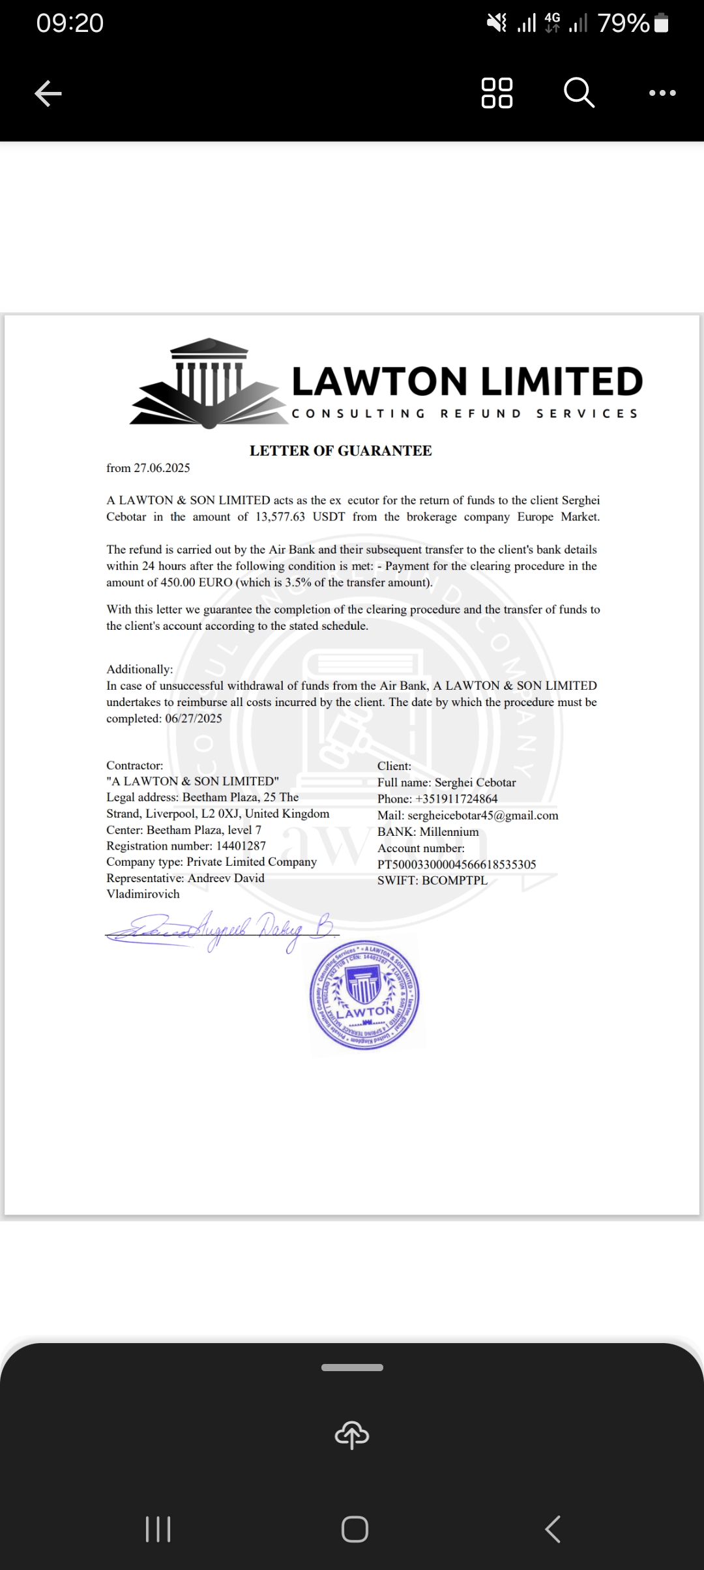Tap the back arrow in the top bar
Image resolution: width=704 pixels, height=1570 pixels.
pyautogui.click(x=48, y=93)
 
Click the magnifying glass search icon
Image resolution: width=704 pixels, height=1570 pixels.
pyautogui.click(x=579, y=92)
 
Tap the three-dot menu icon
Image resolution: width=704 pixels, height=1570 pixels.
pyautogui.click(x=662, y=93)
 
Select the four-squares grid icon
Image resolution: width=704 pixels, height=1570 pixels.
pyautogui.click(x=497, y=93)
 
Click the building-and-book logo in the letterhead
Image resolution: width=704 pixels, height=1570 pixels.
pyautogui.click(x=206, y=383)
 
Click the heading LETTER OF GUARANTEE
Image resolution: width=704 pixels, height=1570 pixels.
pyautogui.click(x=340, y=451)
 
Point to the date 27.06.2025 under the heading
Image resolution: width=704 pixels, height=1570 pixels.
pyautogui.click(x=162, y=468)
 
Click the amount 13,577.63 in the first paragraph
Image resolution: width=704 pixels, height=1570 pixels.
pyautogui.click(x=280, y=517)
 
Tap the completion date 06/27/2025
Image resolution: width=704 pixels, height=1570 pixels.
pyautogui.click(x=194, y=718)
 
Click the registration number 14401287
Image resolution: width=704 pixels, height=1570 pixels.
pyautogui.click(x=241, y=846)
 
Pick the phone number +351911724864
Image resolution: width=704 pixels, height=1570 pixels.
pyautogui.click(x=456, y=799)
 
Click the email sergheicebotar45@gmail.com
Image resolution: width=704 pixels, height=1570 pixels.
pyautogui.click(x=482, y=816)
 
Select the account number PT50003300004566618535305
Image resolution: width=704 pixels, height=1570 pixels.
pyautogui.click(x=456, y=865)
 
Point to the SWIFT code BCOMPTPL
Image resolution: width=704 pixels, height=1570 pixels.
pyautogui.click(x=454, y=880)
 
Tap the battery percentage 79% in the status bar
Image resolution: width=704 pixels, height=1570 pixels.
pyautogui.click(x=624, y=23)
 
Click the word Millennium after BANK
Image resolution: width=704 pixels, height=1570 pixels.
pyautogui.click(x=449, y=832)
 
